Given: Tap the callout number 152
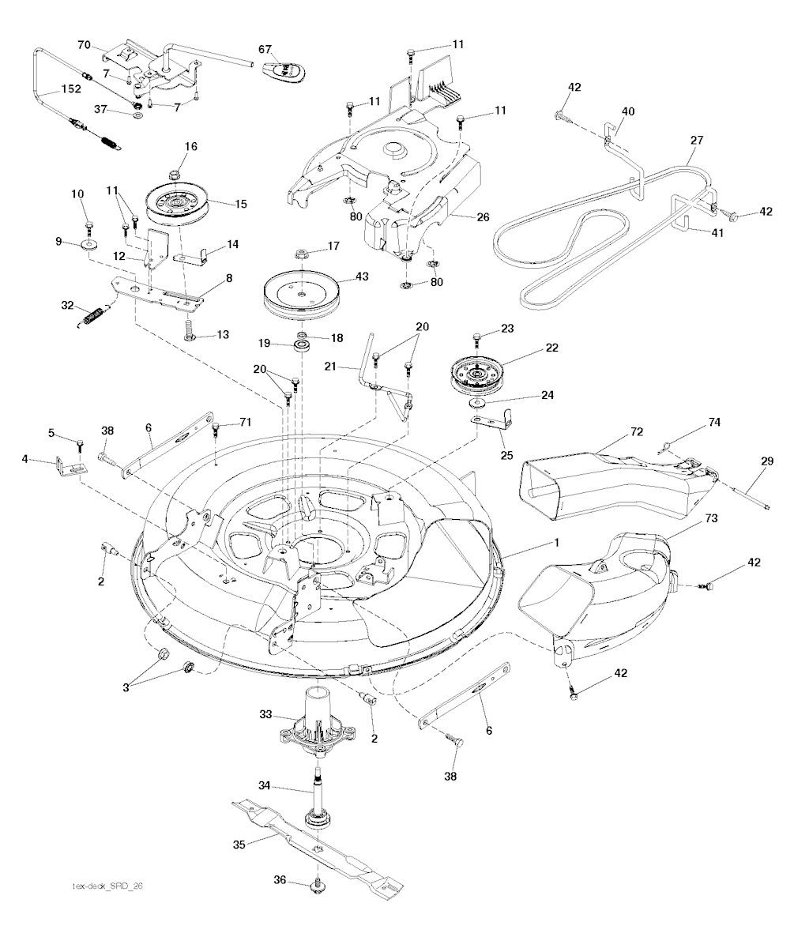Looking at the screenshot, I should tap(71, 89).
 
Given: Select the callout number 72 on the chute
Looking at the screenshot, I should tap(637, 431).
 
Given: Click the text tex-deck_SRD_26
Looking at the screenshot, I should tap(107, 907).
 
